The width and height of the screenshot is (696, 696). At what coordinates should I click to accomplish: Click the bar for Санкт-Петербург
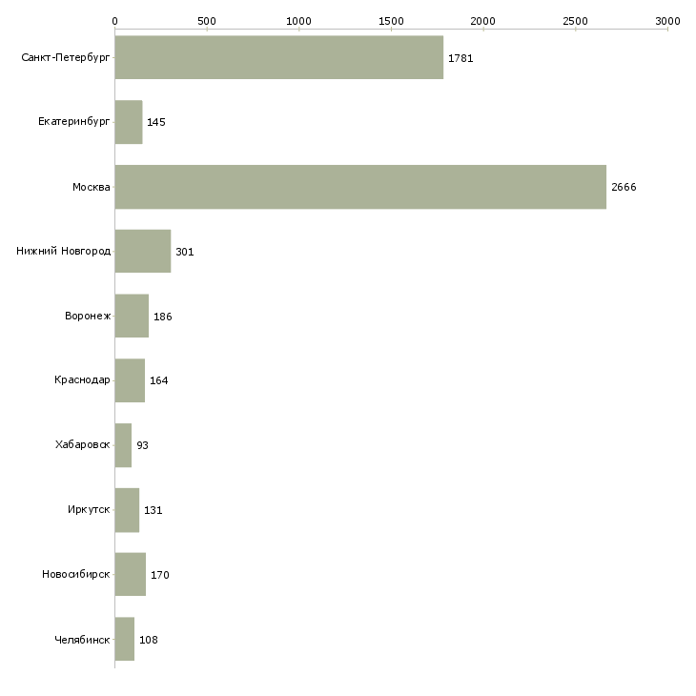[x=278, y=57]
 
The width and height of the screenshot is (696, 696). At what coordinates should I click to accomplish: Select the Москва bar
[x=360, y=187]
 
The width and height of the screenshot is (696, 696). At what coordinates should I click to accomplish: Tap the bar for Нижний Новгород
[x=143, y=252]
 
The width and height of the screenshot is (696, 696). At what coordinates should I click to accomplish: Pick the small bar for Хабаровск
[x=123, y=445]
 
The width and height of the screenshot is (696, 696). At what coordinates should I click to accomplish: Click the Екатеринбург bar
[x=129, y=122]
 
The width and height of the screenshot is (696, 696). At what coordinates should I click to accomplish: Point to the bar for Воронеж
[x=132, y=316]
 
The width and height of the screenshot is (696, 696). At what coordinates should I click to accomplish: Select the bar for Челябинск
[x=125, y=639]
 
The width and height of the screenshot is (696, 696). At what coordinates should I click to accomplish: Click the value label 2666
[x=624, y=187]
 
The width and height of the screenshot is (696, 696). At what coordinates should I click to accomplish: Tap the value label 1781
[x=461, y=58]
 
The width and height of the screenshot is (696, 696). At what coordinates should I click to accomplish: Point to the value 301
[x=185, y=252]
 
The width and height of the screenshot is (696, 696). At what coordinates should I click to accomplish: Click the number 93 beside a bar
[x=142, y=445]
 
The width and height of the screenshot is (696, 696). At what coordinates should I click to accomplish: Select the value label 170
[x=160, y=575]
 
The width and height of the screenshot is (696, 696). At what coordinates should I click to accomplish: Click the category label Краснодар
[x=82, y=380]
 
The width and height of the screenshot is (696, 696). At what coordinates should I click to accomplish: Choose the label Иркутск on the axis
[x=89, y=510]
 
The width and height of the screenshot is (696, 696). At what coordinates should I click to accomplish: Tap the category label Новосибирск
[x=76, y=575]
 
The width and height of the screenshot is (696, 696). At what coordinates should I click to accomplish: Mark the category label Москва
[x=92, y=187]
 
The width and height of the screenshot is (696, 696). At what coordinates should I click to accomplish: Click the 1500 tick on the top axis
[x=391, y=20]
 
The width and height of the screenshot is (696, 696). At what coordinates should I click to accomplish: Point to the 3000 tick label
[x=667, y=20]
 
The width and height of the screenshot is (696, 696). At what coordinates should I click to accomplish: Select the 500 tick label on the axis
[x=207, y=20]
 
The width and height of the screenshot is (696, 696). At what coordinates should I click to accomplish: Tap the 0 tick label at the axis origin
[x=114, y=20]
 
